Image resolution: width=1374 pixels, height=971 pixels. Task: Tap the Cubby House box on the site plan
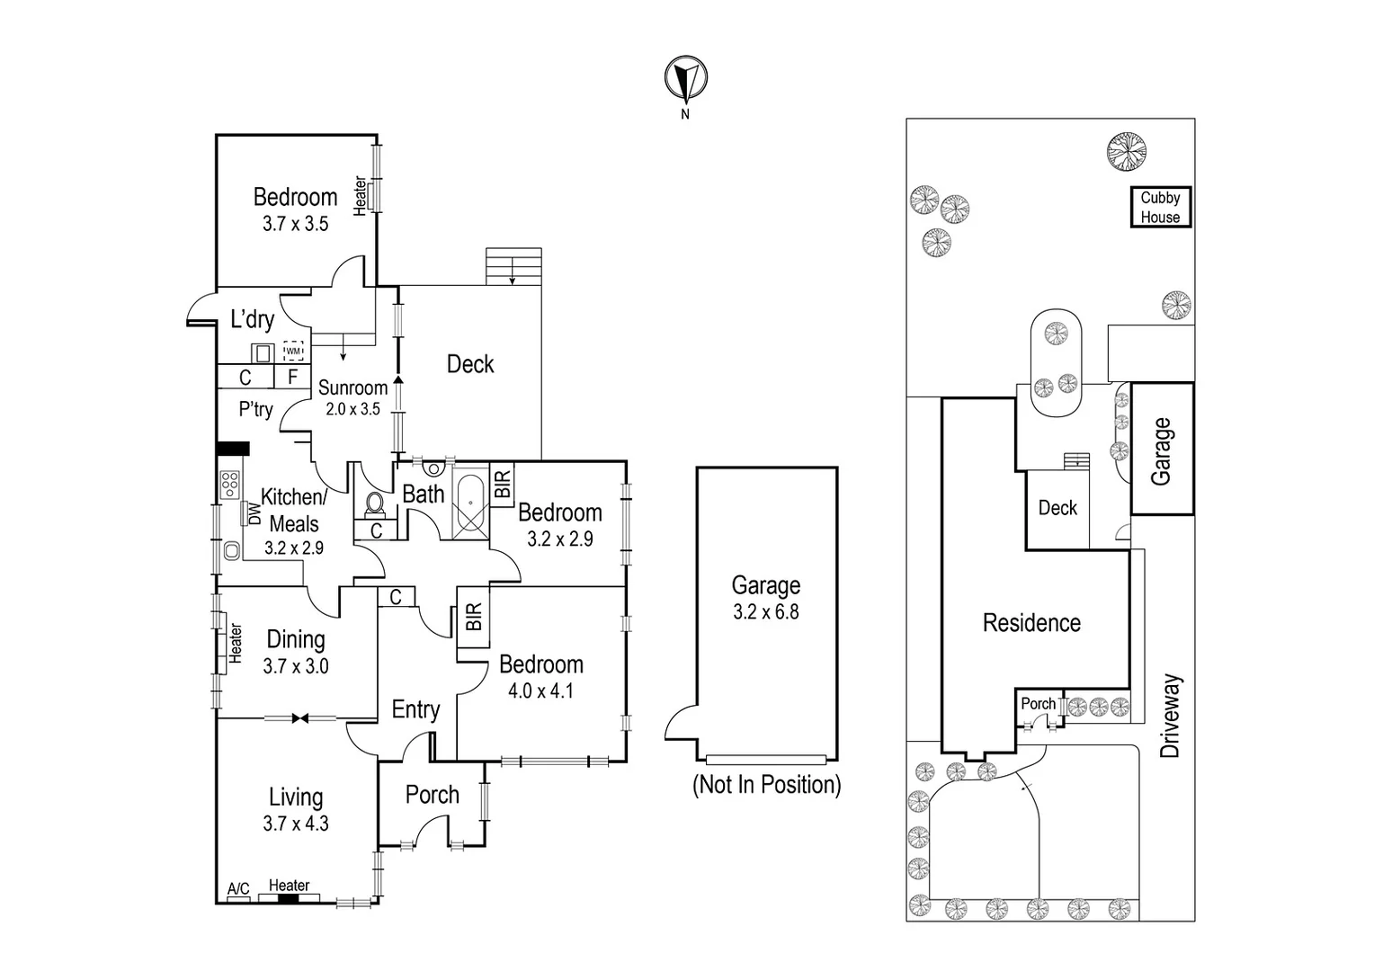pyautogui.click(x=1160, y=208)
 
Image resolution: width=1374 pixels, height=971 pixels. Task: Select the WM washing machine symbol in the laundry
pyautogui.click(x=294, y=351)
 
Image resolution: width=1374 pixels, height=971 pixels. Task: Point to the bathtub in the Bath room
pyautogui.click(x=470, y=504)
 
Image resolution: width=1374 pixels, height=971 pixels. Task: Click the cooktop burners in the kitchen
pyautogui.click(x=229, y=485)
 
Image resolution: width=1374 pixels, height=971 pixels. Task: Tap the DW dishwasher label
pyautogui.click(x=254, y=513)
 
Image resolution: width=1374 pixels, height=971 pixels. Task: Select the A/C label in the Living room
pyautogui.click(x=238, y=889)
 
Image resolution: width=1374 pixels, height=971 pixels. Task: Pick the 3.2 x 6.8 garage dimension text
pyautogui.click(x=766, y=612)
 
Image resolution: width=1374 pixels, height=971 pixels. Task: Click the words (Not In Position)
pyautogui.click(x=766, y=785)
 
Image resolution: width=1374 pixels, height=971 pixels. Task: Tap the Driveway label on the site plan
pyautogui.click(x=1169, y=716)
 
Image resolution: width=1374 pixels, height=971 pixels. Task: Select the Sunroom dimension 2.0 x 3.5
pyautogui.click(x=352, y=409)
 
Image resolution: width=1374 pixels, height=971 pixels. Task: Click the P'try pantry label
pyautogui.click(x=255, y=410)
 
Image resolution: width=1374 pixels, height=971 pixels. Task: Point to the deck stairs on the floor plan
pyautogui.click(x=513, y=267)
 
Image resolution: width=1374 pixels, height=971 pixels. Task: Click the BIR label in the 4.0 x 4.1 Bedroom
pyautogui.click(x=475, y=617)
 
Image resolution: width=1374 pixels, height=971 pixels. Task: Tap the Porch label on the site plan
pyautogui.click(x=1038, y=704)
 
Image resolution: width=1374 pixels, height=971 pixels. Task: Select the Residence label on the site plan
pyautogui.click(x=1031, y=623)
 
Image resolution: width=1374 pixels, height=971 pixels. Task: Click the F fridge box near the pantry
pyautogui.click(x=292, y=378)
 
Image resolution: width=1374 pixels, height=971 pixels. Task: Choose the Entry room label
pyautogui.click(x=415, y=710)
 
